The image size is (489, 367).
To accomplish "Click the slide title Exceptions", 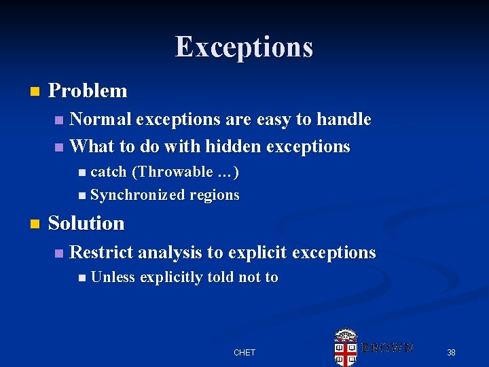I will (244, 47).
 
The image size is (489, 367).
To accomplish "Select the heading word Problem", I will (88, 90).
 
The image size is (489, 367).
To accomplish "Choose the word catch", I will (109, 172).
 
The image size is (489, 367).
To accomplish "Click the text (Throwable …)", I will (185, 172).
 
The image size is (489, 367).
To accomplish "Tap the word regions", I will (215, 196).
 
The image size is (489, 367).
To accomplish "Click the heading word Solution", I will (86, 223).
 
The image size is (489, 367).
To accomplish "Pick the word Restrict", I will (101, 253).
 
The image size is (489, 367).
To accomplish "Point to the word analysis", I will (170, 253).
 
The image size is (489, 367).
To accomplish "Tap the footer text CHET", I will (244, 352).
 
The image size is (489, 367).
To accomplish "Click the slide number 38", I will (451, 352).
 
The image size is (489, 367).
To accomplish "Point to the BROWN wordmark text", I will (386, 347).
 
